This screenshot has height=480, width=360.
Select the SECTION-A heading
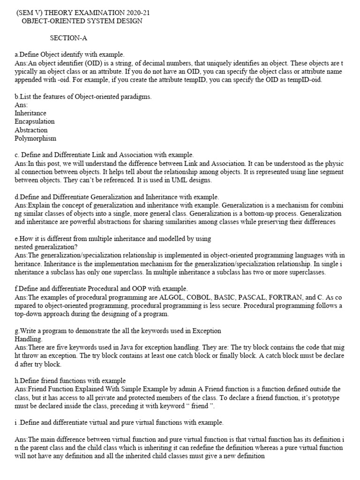(x=69, y=38)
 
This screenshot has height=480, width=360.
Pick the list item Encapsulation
(x=35, y=121)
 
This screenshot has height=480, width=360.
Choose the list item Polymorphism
(x=35, y=138)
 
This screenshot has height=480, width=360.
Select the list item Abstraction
(x=31, y=130)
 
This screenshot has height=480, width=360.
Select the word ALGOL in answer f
(x=171, y=298)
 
